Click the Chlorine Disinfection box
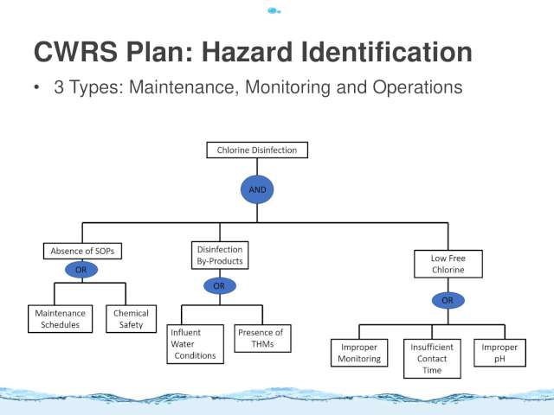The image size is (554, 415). tap(257, 150)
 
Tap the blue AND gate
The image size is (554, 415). tap(257, 189)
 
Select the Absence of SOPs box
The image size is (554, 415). tap(82, 251)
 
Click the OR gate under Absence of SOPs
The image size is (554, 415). tap(81, 270)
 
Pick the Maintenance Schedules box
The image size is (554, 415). tap(60, 319)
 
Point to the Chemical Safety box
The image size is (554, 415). tap(131, 319)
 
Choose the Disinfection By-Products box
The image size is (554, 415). tap(220, 255)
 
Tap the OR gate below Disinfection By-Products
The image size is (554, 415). tap(219, 286)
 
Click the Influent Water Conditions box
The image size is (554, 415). tap(195, 344)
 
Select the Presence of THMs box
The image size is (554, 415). tap(262, 338)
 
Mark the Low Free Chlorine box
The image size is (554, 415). tap(448, 264)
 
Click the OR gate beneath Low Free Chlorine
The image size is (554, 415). tap(448, 300)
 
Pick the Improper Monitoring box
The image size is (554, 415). tap(359, 353)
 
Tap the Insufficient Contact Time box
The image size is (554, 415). tap(432, 359)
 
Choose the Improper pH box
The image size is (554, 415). tap(499, 353)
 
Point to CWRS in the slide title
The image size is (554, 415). tap(75, 52)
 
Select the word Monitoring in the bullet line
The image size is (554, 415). tap(287, 87)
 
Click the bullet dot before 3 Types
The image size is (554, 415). tap(36, 87)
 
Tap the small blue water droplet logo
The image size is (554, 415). tap(274, 11)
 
